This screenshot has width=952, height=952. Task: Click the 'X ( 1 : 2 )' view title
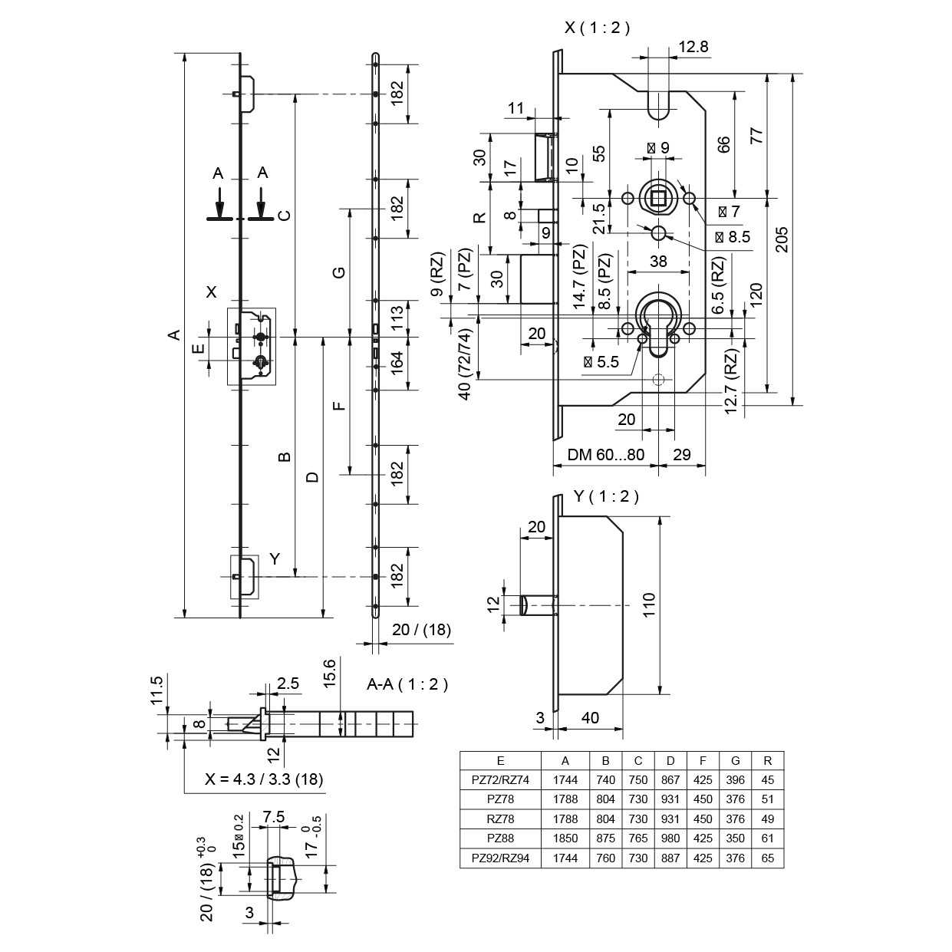point(597,28)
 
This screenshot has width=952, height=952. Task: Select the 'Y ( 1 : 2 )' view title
point(606,496)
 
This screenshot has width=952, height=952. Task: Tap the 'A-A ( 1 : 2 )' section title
point(407,684)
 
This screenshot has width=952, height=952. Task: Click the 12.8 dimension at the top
point(693,47)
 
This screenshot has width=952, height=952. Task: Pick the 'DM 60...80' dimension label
point(605,455)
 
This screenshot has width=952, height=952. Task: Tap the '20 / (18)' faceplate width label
point(421,630)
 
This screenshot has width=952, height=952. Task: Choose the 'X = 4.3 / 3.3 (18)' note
point(264,779)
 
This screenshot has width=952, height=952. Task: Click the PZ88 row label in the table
point(500,839)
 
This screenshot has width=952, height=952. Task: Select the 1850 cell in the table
point(565,839)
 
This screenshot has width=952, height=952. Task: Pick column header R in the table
point(768,761)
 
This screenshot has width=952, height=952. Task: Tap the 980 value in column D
point(670,839)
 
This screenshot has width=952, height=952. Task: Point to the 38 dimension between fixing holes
point(658,261)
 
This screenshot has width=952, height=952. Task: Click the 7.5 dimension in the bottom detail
point(274,818)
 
